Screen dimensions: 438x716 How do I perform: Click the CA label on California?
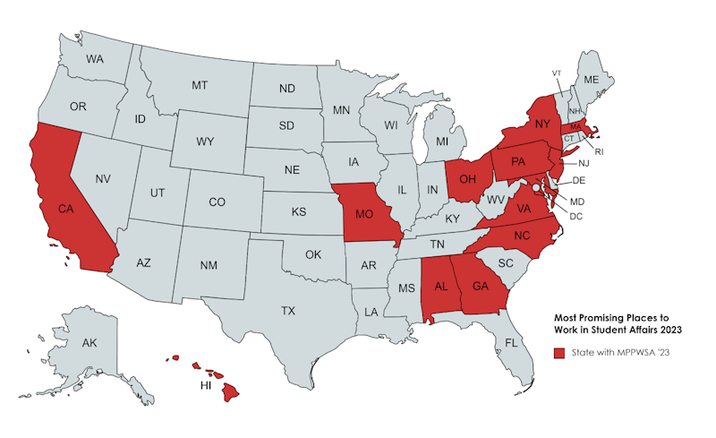[x=64, y=209]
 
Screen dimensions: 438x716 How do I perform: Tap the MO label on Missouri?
[x=364, y=215]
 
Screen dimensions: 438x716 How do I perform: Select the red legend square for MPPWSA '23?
[x=558, y=353]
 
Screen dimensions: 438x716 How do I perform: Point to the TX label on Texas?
[x=287, y=311]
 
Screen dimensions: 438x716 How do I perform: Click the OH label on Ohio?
[x=466, y=177]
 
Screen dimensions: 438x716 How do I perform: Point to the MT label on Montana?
[x=200, y=85]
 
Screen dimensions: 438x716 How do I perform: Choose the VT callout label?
[x=556, y=73]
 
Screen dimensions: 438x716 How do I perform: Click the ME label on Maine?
[x=591, y=80]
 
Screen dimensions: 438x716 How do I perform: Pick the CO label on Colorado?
[x=217, y=202]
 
